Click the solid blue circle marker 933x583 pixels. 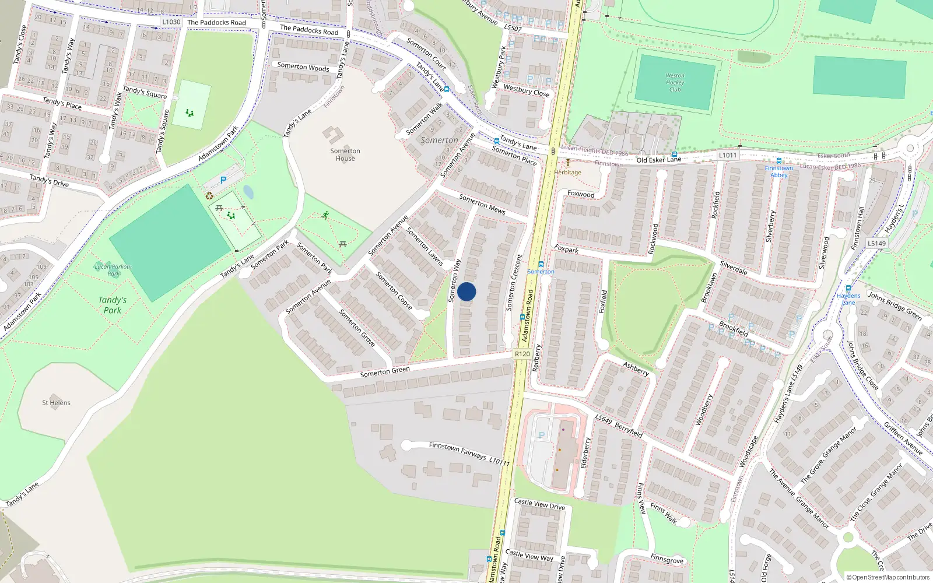pyautogui.click(x=466, y=291)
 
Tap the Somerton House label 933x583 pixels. pyautogui.click(x=345, y=154)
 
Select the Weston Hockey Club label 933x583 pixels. pyautogui.click(x=675, y=82)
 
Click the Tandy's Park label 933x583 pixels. pyautogui.click(x=113, y=305)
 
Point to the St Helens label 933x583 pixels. pyautogui.click(x=56, y=403)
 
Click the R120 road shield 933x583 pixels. pyautogui.click(x=522, y=354)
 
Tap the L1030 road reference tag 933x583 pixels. pyautogui.click(x=171, y=22)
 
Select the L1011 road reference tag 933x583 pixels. pyautogui.click(x=728, y=155)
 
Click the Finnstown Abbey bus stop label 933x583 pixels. pyautogui.click(x=778, y=171)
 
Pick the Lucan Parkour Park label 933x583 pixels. pyautogui.click(x=113, y=270)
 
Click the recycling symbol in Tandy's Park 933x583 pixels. pyautogui.click(x=209, y=196)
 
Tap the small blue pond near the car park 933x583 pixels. pyautogui.click(x=248, y=192)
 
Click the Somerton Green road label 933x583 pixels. pyautogui.click(x=385, y=371)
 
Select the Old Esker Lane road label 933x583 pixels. pyautogui.click(x=658, y=160)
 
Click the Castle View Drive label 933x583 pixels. pyautogui.click(x=539, y=504)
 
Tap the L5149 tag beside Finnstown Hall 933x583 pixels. pyautogui.click(x=876, y=244)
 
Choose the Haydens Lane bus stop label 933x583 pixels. pyautogui.click(x=848, y=299)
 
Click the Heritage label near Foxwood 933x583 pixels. pyautogui.click(x=568, y=173)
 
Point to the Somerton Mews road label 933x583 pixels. pyautogui.click(x=482, y=204)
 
